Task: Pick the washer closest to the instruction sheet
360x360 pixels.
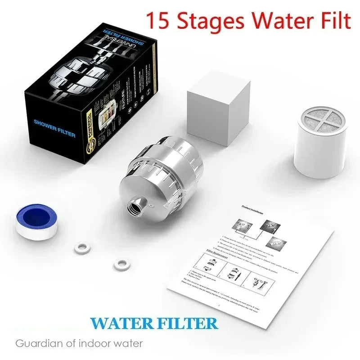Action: point(120,264)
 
